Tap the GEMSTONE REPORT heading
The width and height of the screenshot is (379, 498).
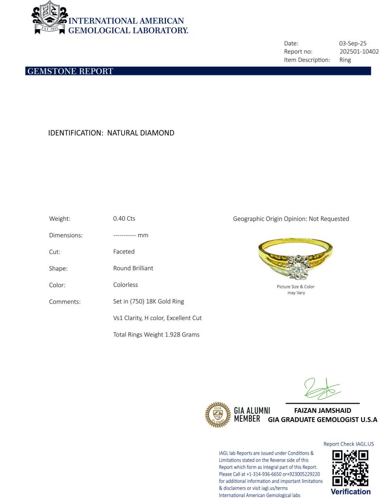pyautogui.click(x=70, y=71)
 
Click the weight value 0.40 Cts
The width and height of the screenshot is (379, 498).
pyautogui.click(x=124, y=219)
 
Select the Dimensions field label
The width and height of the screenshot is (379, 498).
pyautogui.click(x=66, y=235)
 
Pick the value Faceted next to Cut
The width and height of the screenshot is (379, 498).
pyautogui.click(x=124, y=252)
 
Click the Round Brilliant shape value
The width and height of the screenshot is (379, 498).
pyautogui.click(x=133, y=268)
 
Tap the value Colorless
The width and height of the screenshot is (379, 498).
pyautogui.click(x=126, y=285)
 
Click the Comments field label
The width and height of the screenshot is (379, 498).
pyautogui.click(x=65, y=302)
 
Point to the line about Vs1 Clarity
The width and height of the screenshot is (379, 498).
pyautogui.click(x=157, y=318)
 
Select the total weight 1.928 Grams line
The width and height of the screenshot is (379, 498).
pyautogui.click(x=156, y=335)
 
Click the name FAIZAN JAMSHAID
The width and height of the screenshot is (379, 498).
pyautogui.click(x=323, y=410)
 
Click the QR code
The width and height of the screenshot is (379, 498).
pyautogui.click(x=350, y=468)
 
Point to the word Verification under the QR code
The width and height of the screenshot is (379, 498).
pyautogui.click(x=350, y=492)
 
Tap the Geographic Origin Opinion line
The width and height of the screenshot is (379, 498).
pyautogui.click(x=291, y=219)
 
